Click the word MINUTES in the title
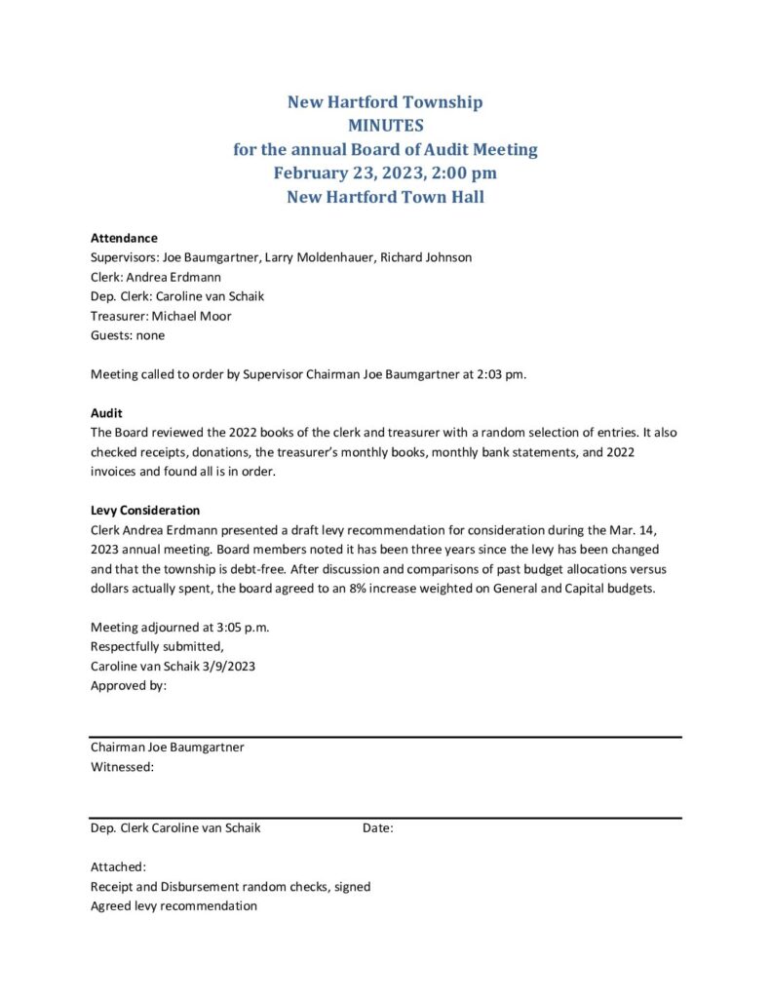(385, 126)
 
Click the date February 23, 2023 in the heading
(342, 173)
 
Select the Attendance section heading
(124, 238)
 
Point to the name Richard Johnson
(426, 257)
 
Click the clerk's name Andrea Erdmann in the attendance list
(172, 277)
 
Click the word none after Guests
(150, 335)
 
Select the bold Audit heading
(106, 413)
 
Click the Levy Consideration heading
(145, 510)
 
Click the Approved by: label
(128, 685)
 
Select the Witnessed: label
(122, 767)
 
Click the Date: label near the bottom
(378, 828)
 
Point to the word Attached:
(119, 866)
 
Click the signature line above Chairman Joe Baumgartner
(385, 738)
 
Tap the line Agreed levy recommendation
(173, 905)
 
